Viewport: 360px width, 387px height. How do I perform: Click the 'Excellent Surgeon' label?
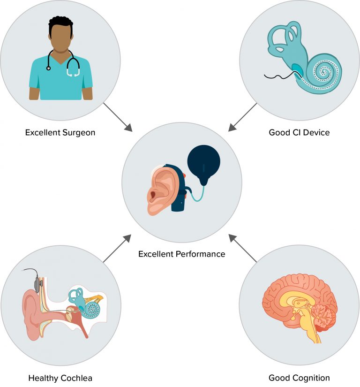pos(60,133)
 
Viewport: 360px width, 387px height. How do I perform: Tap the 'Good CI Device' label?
pos(299,133)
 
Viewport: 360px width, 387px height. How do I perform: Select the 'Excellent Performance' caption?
pos(182,254)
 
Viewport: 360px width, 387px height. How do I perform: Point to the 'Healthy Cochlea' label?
pos(60,378)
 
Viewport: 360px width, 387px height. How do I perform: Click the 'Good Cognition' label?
pos(299,378)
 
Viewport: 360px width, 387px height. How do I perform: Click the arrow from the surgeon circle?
pos(118,117)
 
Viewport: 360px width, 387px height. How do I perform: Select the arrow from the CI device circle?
pos(242,117)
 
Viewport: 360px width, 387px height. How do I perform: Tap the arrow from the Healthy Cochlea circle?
pos(117,248)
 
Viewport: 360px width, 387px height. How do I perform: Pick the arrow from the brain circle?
pos(243,248)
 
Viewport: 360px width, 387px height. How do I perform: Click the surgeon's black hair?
pos(60,23)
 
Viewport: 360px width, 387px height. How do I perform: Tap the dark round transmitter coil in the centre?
pos(203,163)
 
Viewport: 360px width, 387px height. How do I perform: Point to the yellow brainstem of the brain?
pos(311,328)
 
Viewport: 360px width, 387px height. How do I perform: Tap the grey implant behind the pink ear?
pos(37,284)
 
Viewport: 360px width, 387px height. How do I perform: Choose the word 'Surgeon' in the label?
pos(79,133)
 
